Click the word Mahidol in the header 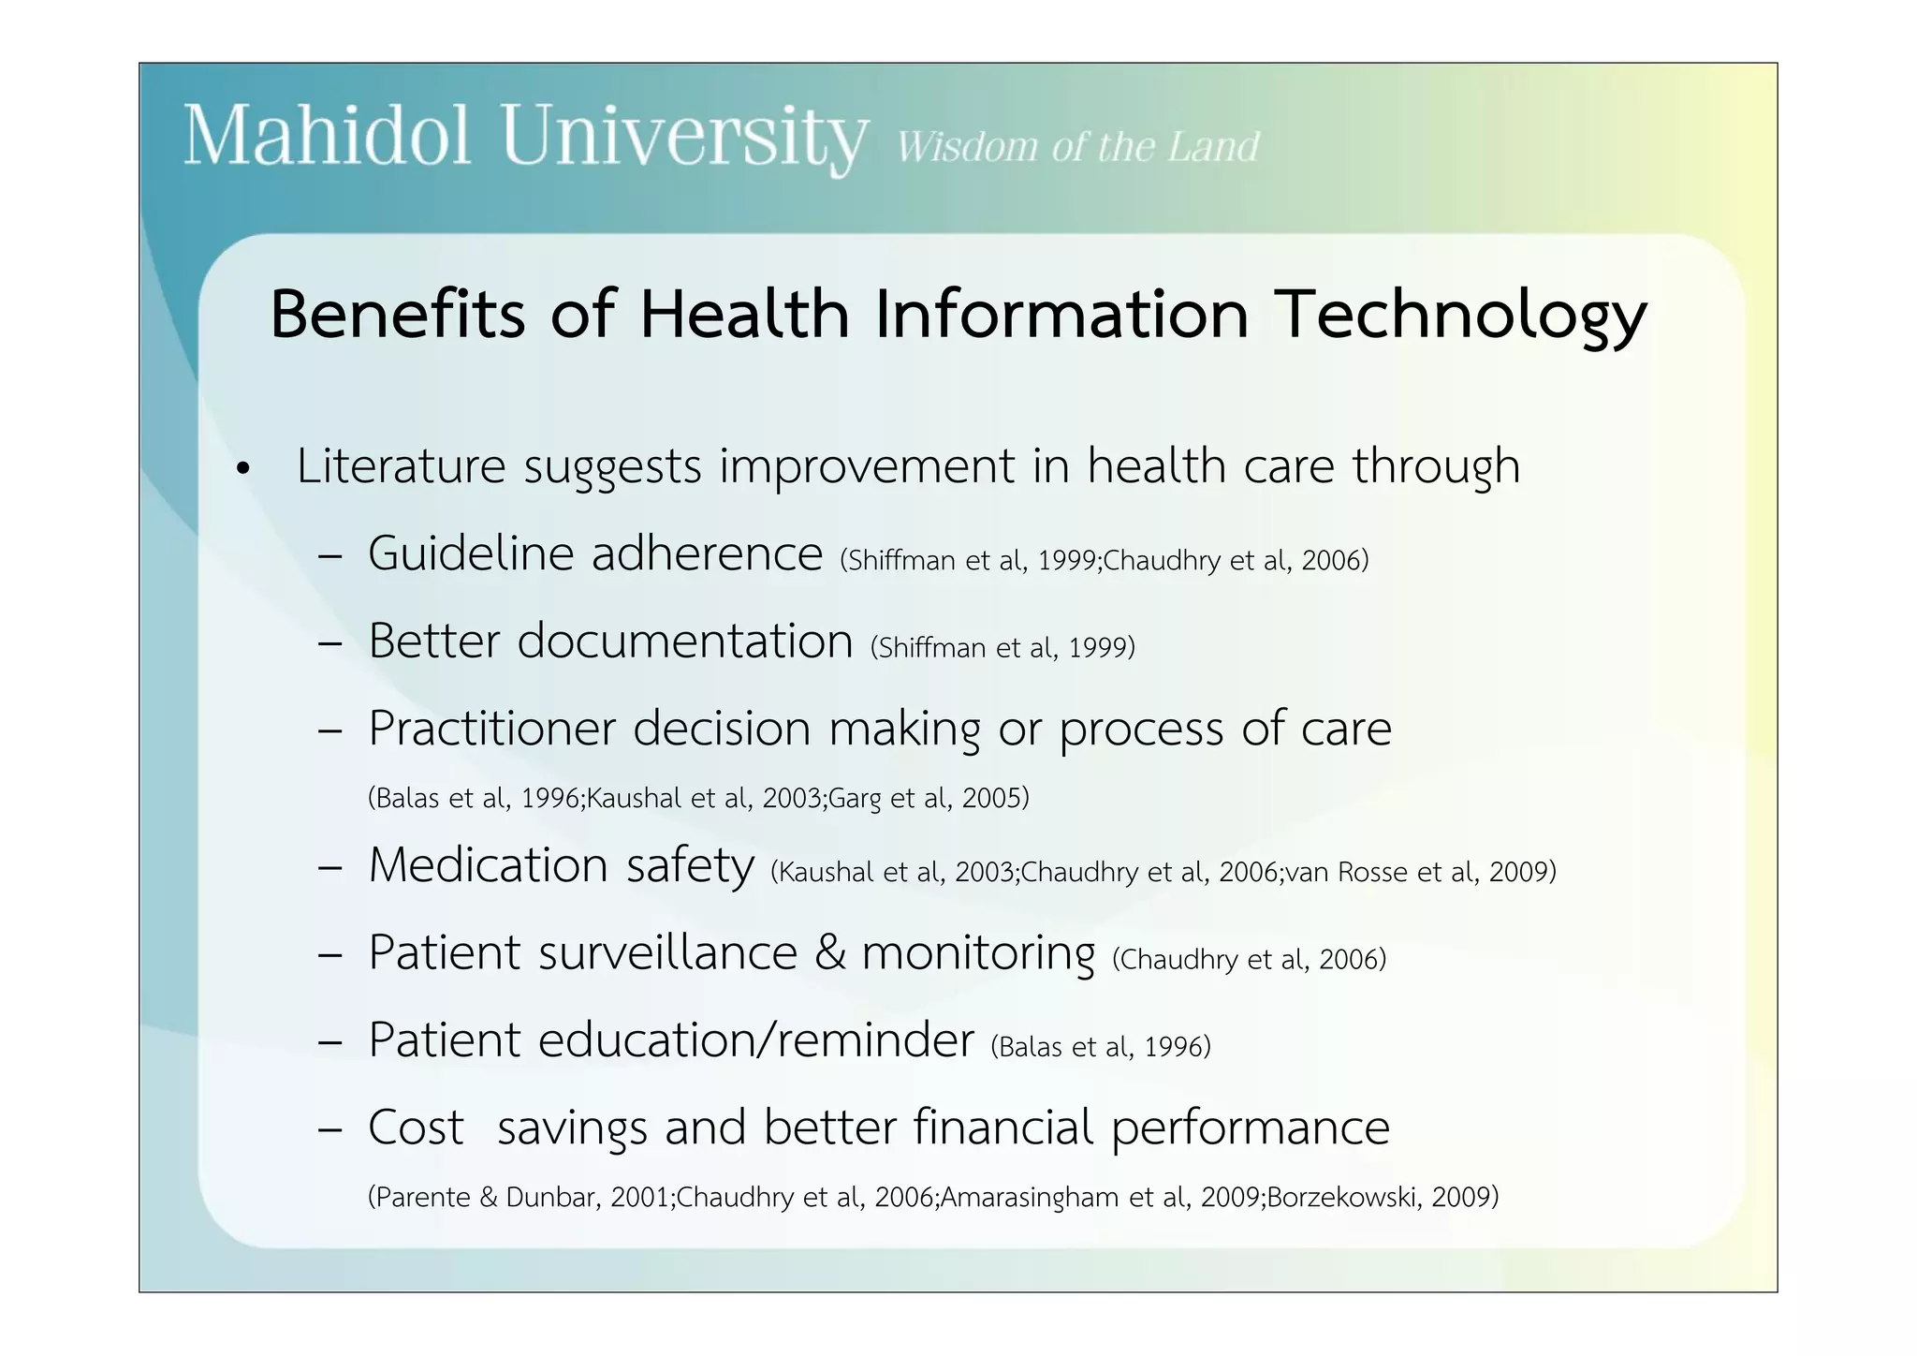pos(327,137)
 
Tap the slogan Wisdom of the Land pos(1078,147)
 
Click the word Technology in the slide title pos(1462,316)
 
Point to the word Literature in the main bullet pos(401,465)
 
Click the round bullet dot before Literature pos(244,468)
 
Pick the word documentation pos(684,641)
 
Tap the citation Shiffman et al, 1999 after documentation pos(1002,647)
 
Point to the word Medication pos(488,864)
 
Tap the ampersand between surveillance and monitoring pos(829,952)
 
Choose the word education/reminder pos(755,1039)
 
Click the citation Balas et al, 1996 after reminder pos(1101,1046)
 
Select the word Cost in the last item pos(416,1128)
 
